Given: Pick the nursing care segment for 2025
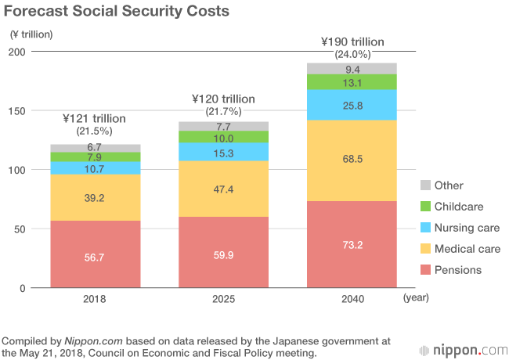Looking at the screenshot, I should pyautogui.click(x=224, y=151).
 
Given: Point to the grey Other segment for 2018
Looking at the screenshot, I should pyautogui.click(x=96, y=148).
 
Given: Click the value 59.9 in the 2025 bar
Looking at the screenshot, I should pyautogui.click(x=224, y=254).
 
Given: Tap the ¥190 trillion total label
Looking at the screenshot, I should pyautogui.click(x=353, y=41).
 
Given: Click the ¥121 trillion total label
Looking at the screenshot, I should pyautogui.click(x=95, y=118).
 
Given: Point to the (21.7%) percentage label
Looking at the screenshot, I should pyautogui.click(x=224, y=112).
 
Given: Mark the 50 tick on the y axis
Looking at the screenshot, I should pyautogui.click(x=21, y=229).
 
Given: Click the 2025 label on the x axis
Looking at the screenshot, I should pyautogui.click(x=223, y=298).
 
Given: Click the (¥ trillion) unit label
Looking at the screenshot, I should pyautogui.click(x=32, y=34).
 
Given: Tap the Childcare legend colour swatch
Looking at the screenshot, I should pyautogui.click(x=425, y=207).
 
